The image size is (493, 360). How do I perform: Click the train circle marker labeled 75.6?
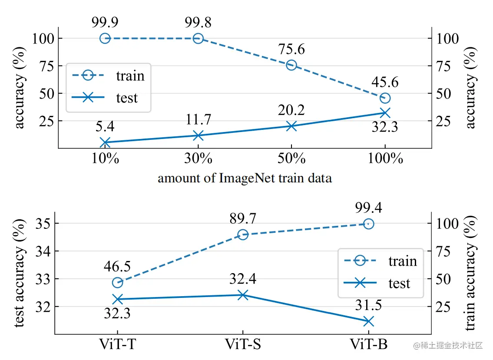click(x=291, y=65)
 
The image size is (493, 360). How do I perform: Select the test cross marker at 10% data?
click(x=105, y=142)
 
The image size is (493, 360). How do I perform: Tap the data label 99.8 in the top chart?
click(x=198, y=21)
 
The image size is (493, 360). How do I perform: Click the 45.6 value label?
click(x=385, y=82)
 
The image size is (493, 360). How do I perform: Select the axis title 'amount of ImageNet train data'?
click(x=245, y=178)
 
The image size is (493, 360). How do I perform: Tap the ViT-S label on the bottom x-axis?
click(x=243, y=344)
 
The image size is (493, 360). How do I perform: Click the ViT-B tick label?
click(x=368, y=344)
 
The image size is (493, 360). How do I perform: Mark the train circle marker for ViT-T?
click(x=117, y=283)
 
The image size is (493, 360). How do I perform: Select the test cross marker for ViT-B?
click(x=368, y=321)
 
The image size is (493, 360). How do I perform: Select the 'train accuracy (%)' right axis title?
click(x=470, y=273)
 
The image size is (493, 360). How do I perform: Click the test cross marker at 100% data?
click(x=385, y=113)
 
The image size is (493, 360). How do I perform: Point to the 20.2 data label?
click(x=291, y=109)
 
